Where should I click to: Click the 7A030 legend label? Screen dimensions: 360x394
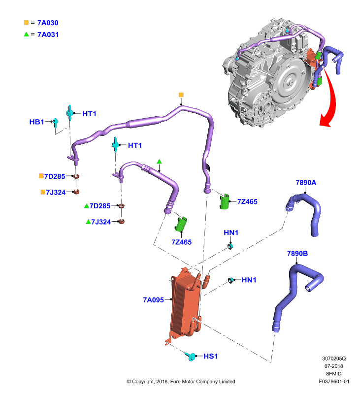click(48, 23)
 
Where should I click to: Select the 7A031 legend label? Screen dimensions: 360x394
click(48, 34)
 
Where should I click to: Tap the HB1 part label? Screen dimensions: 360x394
click(36, 122)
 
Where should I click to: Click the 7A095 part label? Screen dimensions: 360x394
click(153, 300)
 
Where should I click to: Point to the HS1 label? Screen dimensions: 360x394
click(210, 356)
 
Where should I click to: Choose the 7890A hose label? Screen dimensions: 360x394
click(306, 182)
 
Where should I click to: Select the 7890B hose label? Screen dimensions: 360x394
click(297, 253)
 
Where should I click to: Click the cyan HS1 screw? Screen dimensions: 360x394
click(191, 356)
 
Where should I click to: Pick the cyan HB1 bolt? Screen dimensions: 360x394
click(56, 122)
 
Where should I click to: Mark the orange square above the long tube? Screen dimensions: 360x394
click(181, 95)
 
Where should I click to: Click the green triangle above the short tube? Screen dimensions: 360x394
click(159, 162)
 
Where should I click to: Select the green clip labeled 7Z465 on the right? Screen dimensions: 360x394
click(225, 201)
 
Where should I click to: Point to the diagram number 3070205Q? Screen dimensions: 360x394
click(334, 359)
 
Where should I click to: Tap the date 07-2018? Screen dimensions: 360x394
click(333, 366)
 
